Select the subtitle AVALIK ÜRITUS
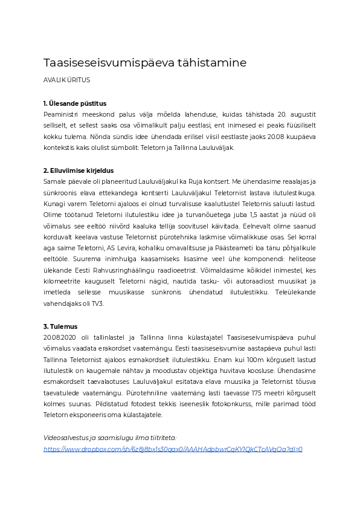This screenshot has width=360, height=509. (66, 80)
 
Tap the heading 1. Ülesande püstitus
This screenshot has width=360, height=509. (75, 103)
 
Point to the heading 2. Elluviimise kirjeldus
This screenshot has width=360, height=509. (79, 171)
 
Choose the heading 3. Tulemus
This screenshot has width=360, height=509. (60, 326)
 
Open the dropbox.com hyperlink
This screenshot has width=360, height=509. (173, 449)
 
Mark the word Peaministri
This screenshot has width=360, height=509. (62, 114)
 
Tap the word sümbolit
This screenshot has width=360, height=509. (143, 148)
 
